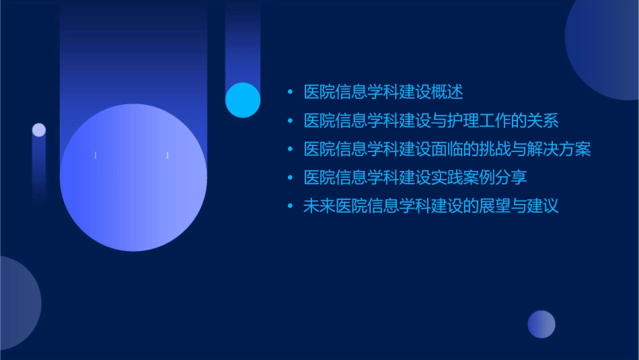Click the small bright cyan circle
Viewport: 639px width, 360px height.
pos(243,100)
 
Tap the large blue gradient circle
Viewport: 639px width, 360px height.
pos(133,178)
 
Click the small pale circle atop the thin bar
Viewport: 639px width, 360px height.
pos(39,130)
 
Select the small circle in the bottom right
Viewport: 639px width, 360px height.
pos(541,324)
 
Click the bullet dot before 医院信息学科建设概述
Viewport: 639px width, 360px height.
pos(290,92)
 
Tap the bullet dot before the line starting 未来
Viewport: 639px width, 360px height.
pos(290,206)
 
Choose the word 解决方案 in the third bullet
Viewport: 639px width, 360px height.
pos(560,149)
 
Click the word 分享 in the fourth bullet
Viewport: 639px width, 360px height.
pos(512,178)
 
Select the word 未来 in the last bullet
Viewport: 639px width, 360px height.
pos(319,206)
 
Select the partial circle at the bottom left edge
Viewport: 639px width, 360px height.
pos(17,303)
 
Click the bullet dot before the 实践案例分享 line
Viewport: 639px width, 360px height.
pos(290,178)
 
